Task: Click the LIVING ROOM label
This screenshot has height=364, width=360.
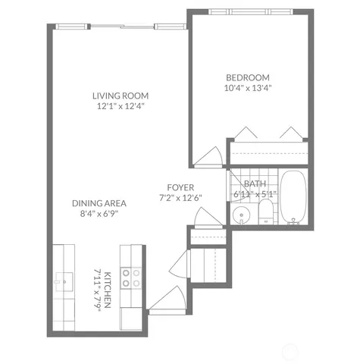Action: tap(120, 96)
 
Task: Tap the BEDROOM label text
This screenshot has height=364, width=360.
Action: tap(248, 77)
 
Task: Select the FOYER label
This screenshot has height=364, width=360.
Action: tap(181, 187)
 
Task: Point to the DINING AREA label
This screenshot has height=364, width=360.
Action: tap(99, 203)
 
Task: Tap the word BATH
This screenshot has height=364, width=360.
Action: tap(254, 184)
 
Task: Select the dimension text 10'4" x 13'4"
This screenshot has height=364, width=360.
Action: tap(248, 87)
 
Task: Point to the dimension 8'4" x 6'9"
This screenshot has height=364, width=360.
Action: tap(99, 214)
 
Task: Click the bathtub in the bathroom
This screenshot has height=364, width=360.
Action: tap(293, 198)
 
